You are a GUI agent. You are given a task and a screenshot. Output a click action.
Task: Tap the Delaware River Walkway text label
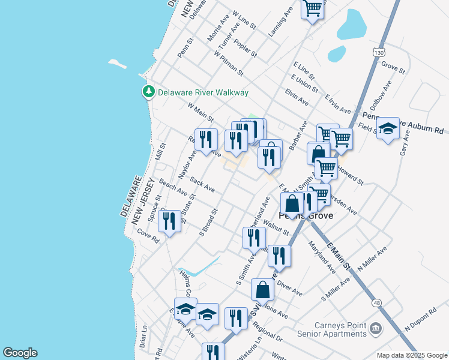[203, 92]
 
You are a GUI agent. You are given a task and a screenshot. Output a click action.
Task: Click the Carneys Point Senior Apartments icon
[376, 329]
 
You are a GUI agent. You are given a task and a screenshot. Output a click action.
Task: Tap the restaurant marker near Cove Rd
[171, 221]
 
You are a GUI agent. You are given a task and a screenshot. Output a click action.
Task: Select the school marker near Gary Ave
[388, 128]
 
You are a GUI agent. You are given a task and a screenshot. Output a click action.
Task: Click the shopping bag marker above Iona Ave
[263, 290]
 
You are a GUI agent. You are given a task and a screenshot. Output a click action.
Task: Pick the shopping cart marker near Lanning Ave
[312, 9]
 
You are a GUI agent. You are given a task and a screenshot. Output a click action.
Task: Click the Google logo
[20, 353]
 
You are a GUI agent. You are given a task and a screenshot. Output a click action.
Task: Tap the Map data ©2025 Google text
[412, 355]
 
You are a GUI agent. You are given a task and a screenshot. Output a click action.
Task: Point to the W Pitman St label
[229, 63]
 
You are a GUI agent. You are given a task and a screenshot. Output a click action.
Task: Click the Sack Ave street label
[202, 185]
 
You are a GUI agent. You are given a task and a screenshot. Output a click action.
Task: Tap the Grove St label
[394, 67]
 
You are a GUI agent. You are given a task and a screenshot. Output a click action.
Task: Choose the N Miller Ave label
[372, 259]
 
